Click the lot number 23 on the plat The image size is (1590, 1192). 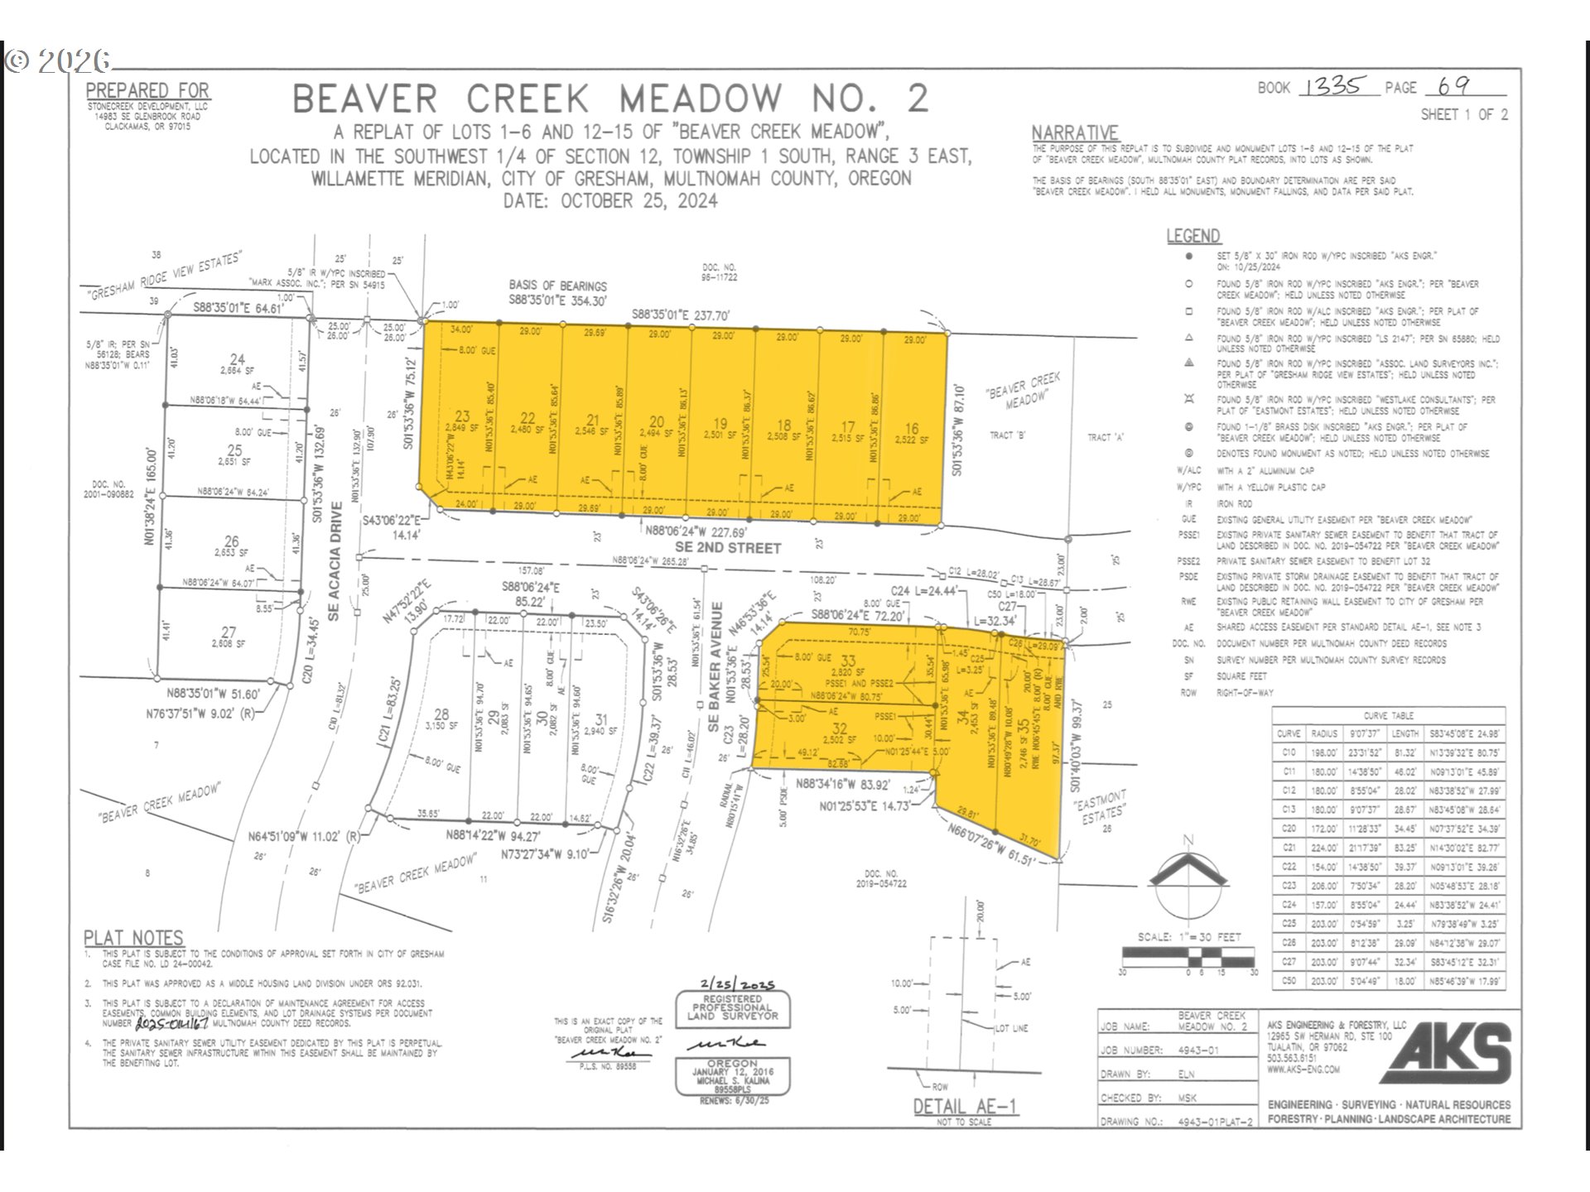tap(462, 416)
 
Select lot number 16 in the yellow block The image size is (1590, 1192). tap(911, 429)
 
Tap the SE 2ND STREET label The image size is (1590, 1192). tap(728, 548)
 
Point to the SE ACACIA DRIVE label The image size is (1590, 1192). tap(335, 561)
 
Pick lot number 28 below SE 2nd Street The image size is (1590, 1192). tap(441, 714)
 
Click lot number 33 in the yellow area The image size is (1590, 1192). tap(848, 661)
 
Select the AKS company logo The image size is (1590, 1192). tap(1445, 1052)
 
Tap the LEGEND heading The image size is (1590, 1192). tap(1192, 236)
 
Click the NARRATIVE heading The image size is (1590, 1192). tap(1074, 133)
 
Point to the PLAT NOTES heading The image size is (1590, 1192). tap(133, 938)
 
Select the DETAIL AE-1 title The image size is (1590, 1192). tap(964, 1107)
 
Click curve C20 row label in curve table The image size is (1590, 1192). tap(1289, 829)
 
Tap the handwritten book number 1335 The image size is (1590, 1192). tap(1332, 86)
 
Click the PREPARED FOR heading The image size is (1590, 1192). tap(147, 90)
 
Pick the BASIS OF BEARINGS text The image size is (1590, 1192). tap(557, 286)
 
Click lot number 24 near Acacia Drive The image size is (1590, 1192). tap(238, 359)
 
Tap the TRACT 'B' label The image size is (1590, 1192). tap(1008, 435)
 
